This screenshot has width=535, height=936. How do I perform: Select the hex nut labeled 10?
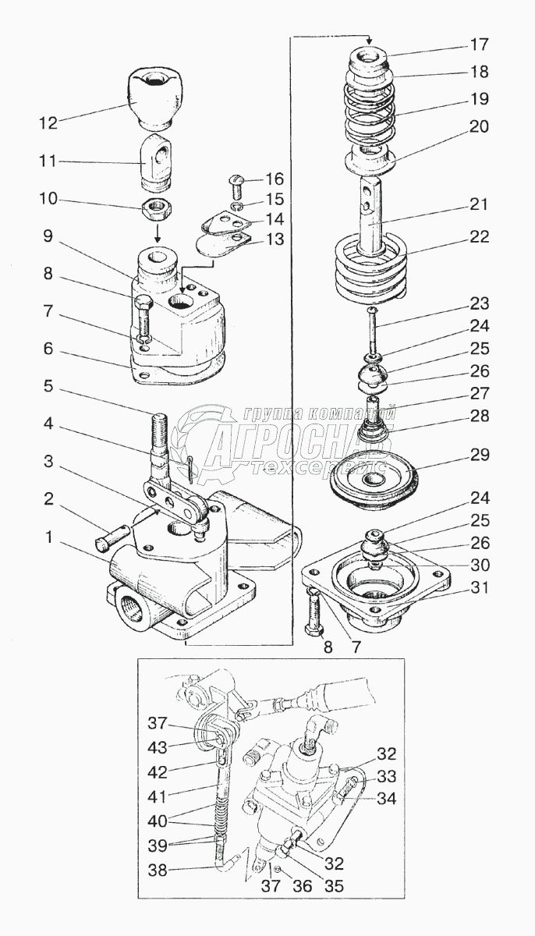click(x=158, y=207)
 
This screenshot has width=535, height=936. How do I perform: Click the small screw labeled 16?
click(x=239, y=185)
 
